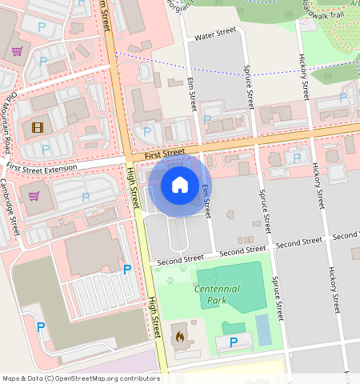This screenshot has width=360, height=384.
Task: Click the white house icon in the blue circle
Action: (x=180, y=186)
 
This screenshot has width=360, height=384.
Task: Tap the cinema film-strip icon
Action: (x=38, y=126)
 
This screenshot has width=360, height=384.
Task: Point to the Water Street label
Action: (x=215, y=34)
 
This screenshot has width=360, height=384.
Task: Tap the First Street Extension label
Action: (x=42, y=167)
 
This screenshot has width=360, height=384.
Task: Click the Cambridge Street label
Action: (x=15, y=211)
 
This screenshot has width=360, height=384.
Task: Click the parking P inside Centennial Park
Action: (x=234, y=342)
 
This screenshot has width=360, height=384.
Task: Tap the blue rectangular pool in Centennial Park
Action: (x=263, y=326)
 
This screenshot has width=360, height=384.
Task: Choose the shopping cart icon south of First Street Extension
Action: (x=34, y=195)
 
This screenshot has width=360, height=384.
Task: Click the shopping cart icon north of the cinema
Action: (x=16, y=51)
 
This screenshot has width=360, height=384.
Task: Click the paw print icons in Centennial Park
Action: (x=177, y=280)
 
